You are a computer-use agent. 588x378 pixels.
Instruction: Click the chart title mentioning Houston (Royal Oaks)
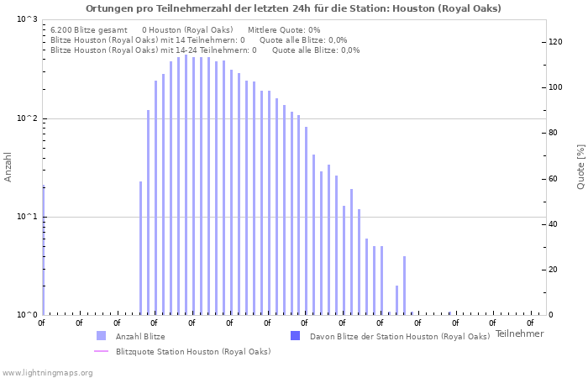(x=293, y=8)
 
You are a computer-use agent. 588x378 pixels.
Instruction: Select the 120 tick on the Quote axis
(x=555, y=42)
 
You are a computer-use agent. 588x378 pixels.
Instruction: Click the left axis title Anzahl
(x=8, y=167)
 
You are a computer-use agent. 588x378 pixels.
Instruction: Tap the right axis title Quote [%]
(x=580, y=167)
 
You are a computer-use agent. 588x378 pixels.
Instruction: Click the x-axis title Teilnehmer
(x=519, y=333)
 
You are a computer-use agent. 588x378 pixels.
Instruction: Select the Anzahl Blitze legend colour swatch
(x=102, y=336)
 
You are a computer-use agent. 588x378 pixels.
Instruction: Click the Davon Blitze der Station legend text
(x=399, y=337)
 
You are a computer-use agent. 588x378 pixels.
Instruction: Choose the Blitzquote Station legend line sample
(x=102, y=351)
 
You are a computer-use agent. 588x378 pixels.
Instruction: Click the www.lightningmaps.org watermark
(x=48, y=372)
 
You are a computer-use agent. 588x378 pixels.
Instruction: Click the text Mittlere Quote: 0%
(x=284, y=29)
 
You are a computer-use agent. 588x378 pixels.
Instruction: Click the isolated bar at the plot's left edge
(x=43, y=250)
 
